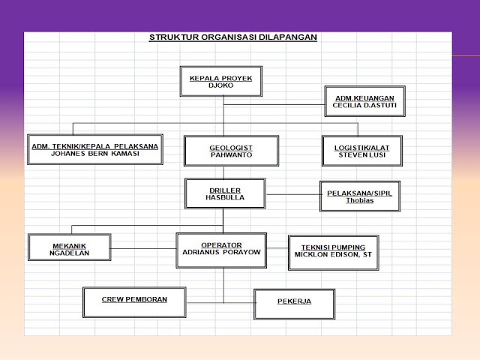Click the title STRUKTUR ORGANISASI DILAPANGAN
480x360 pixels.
click(x=233, y=37)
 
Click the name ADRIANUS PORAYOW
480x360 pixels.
click(x=221, y=253)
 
